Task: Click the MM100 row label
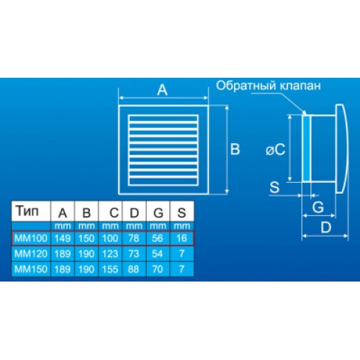tap(31, 238)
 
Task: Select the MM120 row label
tap(31, 253)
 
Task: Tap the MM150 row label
tap(31, 269)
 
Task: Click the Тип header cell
tap(27, 211)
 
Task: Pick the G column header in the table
tap(158, 212)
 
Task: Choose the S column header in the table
tap(181, 212)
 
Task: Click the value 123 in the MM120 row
tap(110, 253)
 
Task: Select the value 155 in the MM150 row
tap(110, 269)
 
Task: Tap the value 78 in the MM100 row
tap(134, 238)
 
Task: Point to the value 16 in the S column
tap(181, 238)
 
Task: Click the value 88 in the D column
tap(134, 269)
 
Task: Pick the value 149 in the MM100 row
tap(63, 238)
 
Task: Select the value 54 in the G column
tap(158, 253)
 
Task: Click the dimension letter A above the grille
tap(162, 90)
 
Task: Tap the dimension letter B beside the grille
tap(235, 149)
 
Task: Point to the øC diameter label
tap(276, 150)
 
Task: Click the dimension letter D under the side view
tap(326, 228)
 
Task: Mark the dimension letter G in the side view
tap(318, 207)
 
